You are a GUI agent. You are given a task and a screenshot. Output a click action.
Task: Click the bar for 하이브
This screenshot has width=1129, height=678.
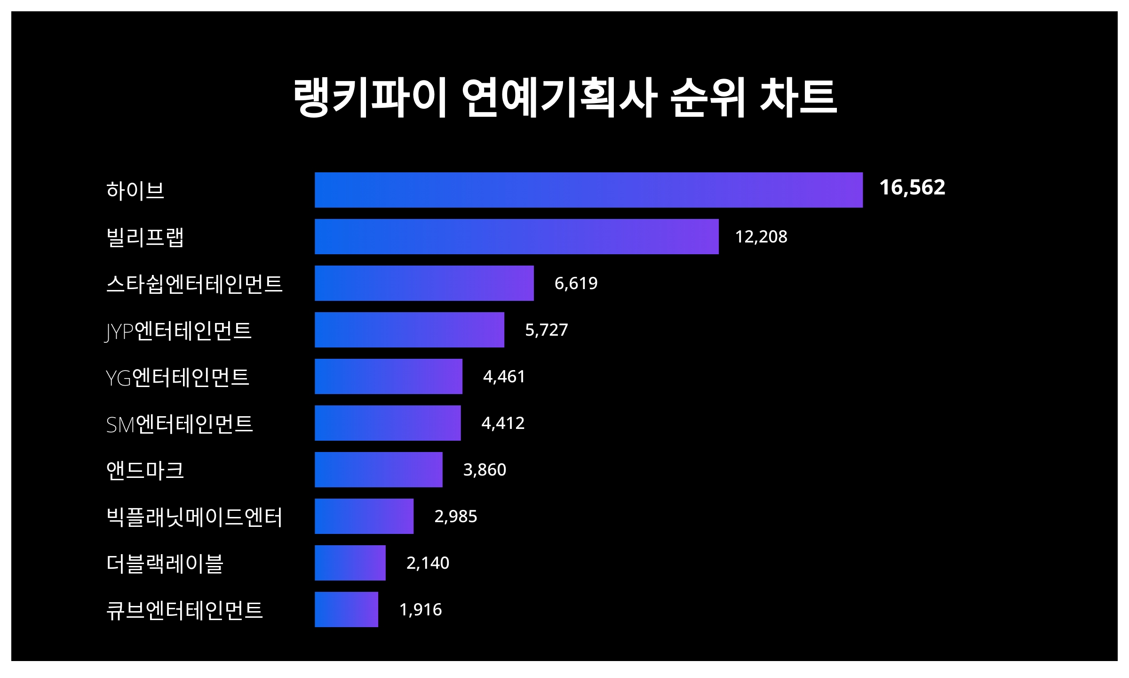pos(588,190)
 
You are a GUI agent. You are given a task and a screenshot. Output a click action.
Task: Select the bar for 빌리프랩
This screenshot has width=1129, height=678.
pos(517,236)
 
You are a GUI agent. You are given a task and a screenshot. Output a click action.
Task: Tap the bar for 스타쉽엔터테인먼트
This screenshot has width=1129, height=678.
pos(424,283)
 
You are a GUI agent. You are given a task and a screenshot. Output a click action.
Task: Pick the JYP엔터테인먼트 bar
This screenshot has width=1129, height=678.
pos(409,330)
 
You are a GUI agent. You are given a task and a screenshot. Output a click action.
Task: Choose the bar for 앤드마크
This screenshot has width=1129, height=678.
pos(378,469)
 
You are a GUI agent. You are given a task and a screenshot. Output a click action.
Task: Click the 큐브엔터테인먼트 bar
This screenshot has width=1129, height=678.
pos(346,609)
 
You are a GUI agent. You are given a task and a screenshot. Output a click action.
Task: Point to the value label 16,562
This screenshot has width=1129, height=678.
pos(912,187)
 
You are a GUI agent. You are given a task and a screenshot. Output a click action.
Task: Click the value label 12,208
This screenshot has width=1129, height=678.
pos(761,236)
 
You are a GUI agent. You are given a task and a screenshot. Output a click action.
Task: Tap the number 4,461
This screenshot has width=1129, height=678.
pos(504,376)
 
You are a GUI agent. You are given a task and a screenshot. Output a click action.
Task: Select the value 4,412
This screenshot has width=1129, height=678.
pos(502,423)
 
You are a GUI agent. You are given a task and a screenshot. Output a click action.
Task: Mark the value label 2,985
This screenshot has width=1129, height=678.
pos(455,516)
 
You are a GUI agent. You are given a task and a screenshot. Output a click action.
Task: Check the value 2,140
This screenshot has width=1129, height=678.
pos(428,563)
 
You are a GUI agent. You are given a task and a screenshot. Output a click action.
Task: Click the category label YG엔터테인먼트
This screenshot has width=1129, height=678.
pos(177,377)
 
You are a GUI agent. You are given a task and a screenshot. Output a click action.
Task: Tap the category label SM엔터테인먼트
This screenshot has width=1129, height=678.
pos(179,424)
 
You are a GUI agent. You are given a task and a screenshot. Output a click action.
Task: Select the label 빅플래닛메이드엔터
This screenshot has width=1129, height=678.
pos(194,517)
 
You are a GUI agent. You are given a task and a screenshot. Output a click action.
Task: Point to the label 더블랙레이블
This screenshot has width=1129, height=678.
pos(165,563)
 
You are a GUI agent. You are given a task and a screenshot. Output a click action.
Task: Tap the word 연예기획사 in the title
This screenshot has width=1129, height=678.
pos(559,97)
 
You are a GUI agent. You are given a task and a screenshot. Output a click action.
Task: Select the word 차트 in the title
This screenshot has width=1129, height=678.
pos(798,97)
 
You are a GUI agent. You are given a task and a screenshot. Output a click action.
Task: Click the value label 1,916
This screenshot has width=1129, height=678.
pos(420,609)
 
